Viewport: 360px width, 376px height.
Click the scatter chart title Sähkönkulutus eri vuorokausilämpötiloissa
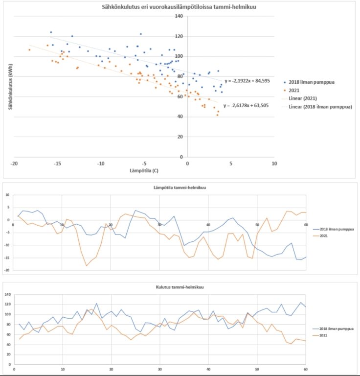click(x=180, y=6)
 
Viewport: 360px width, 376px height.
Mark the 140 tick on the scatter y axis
click(x=180, y=16)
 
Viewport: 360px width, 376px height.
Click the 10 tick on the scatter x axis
click(x=274, y=163)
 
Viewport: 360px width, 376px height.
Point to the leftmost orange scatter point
click(x=29, y=50)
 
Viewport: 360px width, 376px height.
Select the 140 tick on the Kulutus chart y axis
click(x=7, y=294)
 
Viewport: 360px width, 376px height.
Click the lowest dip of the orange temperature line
click(x=87, y=266)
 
